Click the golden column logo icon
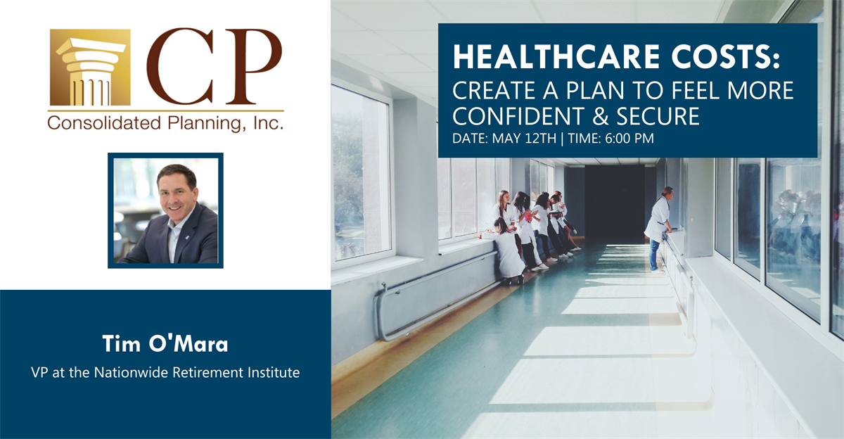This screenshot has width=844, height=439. pyautogui.click(x=91, y=68)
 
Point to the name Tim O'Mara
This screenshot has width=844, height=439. pyautogui.click(x=165, y=343)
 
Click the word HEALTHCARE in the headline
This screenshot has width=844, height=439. pyautogui.click(x=556, y=57)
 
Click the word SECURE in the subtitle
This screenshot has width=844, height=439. pyautogui.click(x=658, y=115)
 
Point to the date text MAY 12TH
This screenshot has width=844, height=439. pyautogui.click(x=524, y=139)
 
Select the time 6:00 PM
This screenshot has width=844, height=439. pyautogui.click(x=629, y=139)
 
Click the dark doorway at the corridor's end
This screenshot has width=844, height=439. pyautogui.click(x=614, y=204)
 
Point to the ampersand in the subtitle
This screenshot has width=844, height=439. pyautogui.click(x=600, y=116)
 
